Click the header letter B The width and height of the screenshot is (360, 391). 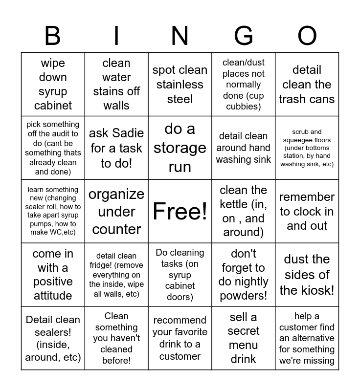pos(53,36)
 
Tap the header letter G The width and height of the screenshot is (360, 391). pos(244,36)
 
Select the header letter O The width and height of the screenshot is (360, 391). pos(307,36)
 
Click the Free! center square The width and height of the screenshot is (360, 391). pos(180,211)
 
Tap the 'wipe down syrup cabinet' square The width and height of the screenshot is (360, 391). pos(53,84)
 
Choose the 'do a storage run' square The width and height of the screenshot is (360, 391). pos(180,148)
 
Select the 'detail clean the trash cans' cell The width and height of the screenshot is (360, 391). pos(307,84)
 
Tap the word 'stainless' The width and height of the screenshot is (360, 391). pos(180,85)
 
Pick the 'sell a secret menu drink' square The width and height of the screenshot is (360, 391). pos(244,338)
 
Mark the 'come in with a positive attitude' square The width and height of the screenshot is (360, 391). pos(53,275)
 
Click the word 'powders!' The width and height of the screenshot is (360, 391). pos(244,296)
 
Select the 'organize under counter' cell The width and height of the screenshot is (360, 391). pos(116,211)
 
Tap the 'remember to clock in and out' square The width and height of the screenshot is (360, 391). pos(307,211)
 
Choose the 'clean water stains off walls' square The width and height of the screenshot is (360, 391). pos(116,84)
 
